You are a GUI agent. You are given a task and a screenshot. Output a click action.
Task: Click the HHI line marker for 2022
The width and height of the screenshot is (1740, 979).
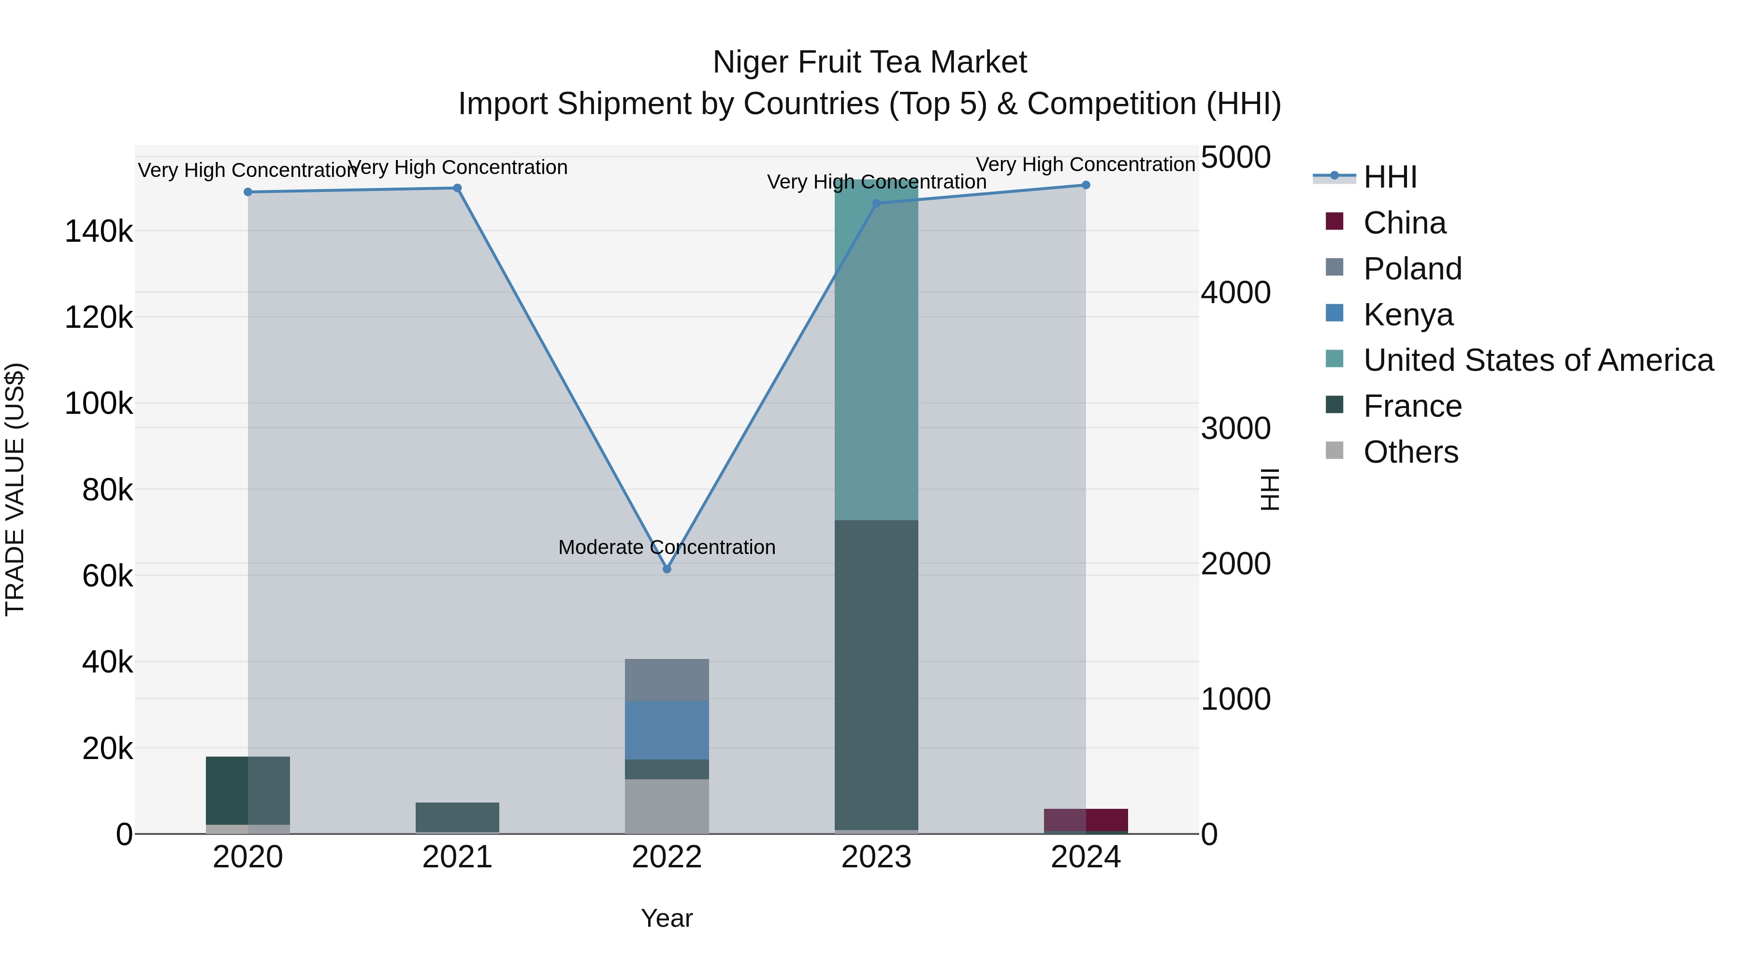click(x=667, y=569)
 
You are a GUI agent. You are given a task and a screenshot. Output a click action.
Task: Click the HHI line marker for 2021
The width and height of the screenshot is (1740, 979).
click(x=457, y=189)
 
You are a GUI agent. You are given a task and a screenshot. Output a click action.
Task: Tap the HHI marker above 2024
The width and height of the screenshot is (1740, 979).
click(x=1086, y=185)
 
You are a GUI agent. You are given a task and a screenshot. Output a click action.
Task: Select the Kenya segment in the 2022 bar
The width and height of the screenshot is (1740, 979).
click(x=667, y=730)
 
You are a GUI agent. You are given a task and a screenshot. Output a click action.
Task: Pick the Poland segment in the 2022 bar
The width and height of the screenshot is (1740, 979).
click(x=667, y=680)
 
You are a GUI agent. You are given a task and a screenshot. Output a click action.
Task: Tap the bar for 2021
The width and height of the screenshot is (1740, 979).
click(x=457, y=817)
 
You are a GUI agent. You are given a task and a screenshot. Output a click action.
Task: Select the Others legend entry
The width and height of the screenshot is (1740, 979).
click(x=1410, y=452)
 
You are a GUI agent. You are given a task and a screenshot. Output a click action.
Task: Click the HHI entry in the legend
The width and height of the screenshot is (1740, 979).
click(x=1390, y=177)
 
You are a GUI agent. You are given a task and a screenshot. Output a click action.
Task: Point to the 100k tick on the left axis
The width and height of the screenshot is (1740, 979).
click(x=99, y=404)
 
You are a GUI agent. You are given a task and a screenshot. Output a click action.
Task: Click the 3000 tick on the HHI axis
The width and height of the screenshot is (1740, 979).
click(x=1235, y=428)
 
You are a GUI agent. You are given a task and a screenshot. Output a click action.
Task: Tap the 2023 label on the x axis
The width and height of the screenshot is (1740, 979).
click(x=876, y=857)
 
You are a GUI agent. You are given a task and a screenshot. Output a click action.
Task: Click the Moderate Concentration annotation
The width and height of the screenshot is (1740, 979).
click(x=667, y=547)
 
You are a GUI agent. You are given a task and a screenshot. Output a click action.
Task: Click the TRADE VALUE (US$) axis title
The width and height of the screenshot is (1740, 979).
click(x=15, y=489)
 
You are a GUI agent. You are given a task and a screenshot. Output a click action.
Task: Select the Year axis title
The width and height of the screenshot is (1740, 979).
click(x=667, y=918)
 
